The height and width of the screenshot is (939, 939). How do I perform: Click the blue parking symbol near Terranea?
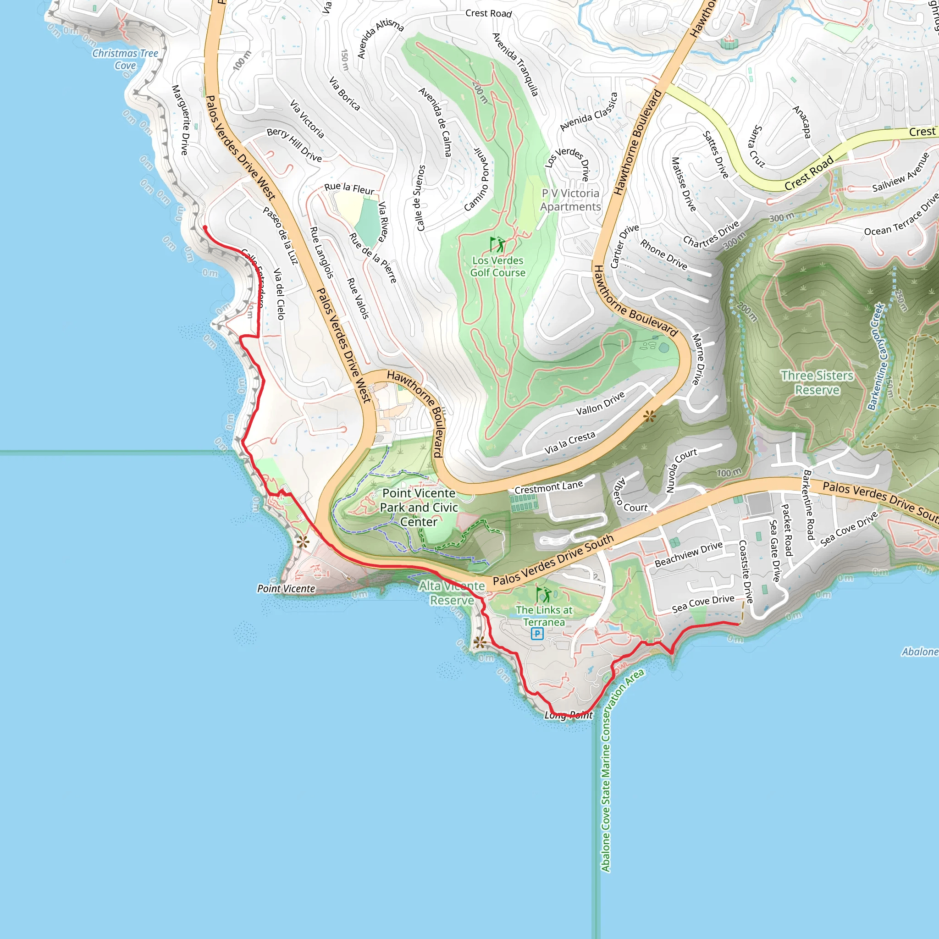coord(536,633)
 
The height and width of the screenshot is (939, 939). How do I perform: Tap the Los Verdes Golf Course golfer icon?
coord(497,244)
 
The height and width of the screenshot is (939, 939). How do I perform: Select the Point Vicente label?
coord(286,589)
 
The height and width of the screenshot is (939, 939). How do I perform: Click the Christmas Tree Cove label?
coord(125,59)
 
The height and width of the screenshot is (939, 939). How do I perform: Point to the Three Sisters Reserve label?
coord(817,382)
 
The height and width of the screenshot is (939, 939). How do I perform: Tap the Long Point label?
coord(568,715)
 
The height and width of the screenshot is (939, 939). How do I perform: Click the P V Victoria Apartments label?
coord(570,200)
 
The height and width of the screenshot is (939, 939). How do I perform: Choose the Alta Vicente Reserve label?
coord(452,593)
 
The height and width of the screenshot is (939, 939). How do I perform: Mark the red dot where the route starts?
coord(205,227)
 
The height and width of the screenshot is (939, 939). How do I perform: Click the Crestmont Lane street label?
coord(549,487)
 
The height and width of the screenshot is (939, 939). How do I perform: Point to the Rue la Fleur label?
coord(349,188)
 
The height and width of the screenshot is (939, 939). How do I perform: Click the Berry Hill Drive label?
coord(294,145)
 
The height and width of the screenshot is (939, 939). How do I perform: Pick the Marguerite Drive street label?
coord(180,120)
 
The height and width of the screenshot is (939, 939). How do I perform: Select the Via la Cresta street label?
coord(569,443)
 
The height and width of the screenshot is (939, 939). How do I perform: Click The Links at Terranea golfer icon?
coord(544,594)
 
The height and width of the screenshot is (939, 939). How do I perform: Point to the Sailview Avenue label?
coord(900,173)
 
